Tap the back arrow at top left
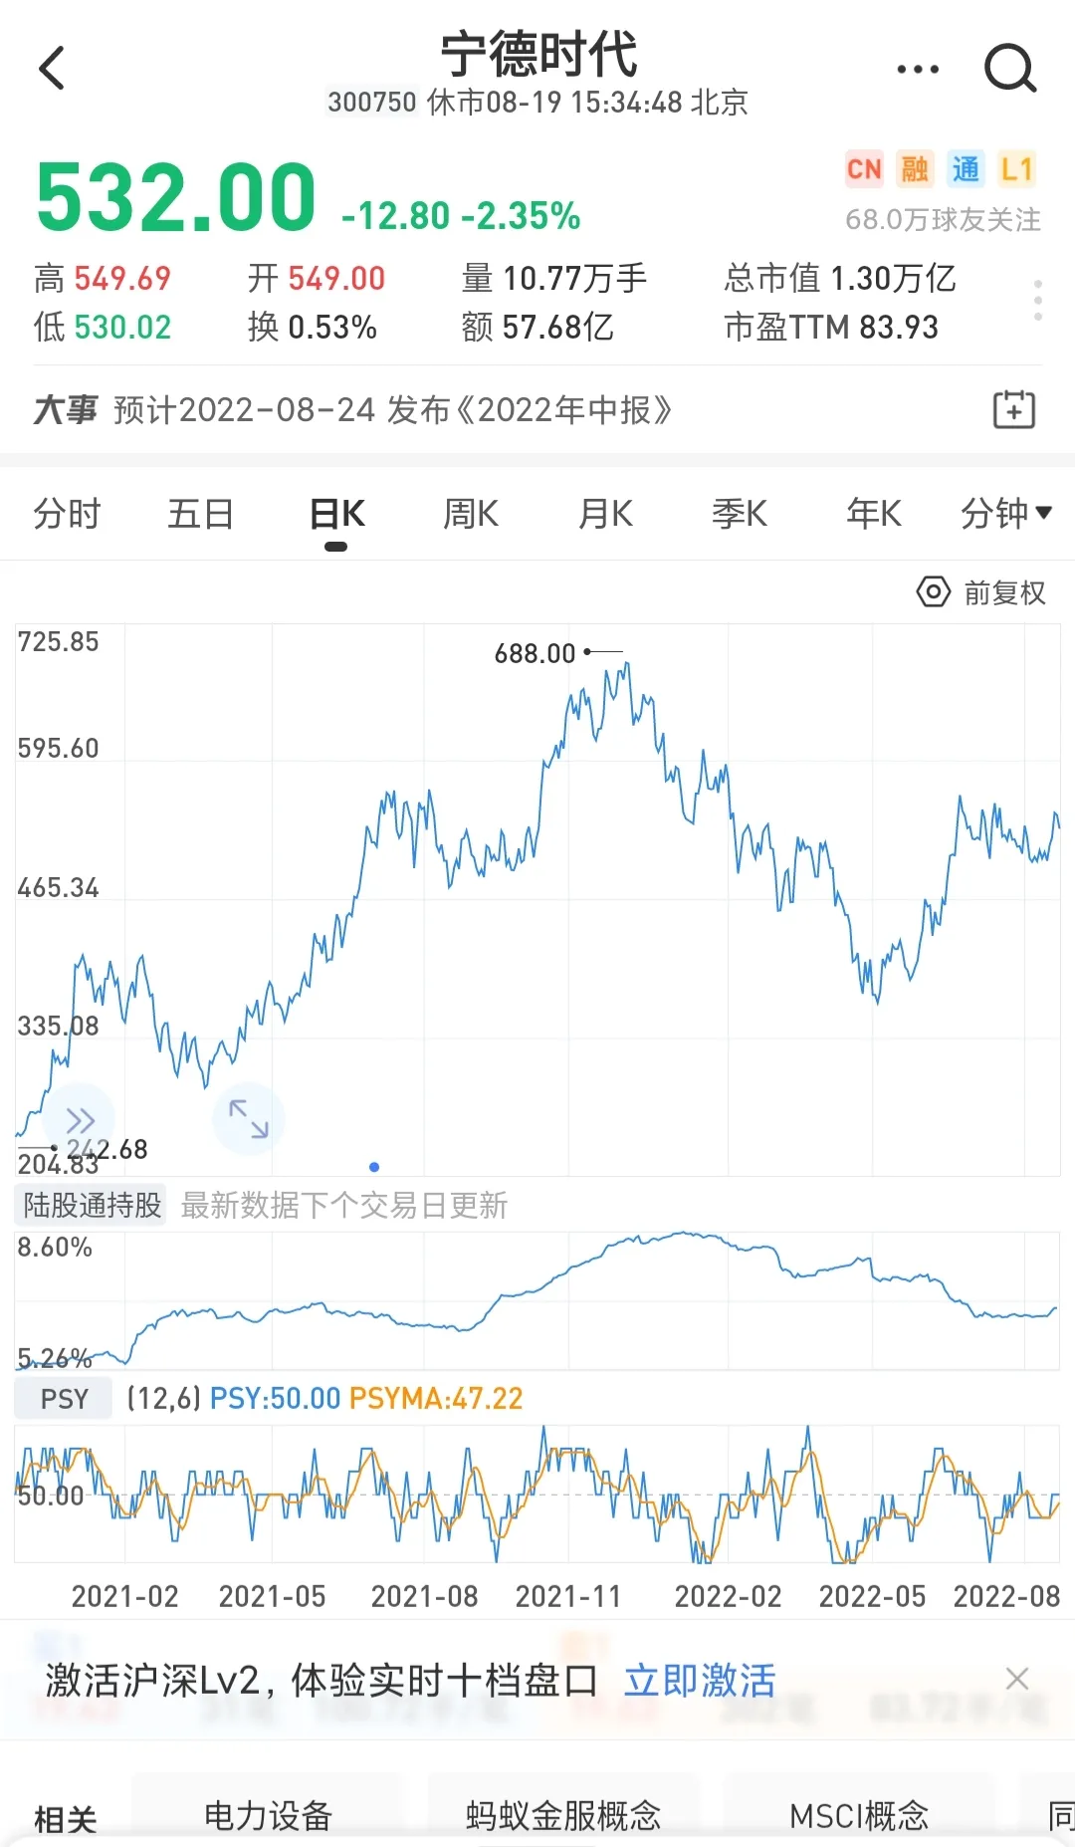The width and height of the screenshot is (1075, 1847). [52, 68]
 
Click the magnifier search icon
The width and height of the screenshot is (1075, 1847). [1009, 68]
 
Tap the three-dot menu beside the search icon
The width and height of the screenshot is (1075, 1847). [917, 69]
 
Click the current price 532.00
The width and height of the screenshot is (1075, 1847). [176, 198]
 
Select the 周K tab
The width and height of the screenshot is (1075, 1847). [471, 514]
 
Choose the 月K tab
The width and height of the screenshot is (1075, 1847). [605, 514]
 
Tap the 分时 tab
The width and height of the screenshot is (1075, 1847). [67, 514]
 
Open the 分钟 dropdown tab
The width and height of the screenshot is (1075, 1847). [1004, 514]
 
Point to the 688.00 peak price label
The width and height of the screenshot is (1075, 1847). [536, 653]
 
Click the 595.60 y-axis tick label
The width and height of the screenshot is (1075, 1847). [59, 749]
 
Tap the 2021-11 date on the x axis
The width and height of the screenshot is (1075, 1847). [568, 1597]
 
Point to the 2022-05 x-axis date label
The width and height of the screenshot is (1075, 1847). [872, 1597]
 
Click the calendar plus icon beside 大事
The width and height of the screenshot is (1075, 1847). [1014, 409]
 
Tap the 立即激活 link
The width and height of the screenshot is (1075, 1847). [700, 1681]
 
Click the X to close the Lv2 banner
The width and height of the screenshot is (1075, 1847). [1017, 1679]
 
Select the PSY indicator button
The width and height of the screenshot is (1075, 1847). [64, 1399]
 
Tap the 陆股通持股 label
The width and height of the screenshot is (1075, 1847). [92, 1206]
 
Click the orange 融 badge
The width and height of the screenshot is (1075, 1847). [914, 169]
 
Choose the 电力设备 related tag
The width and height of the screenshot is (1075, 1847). [268, 1815]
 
